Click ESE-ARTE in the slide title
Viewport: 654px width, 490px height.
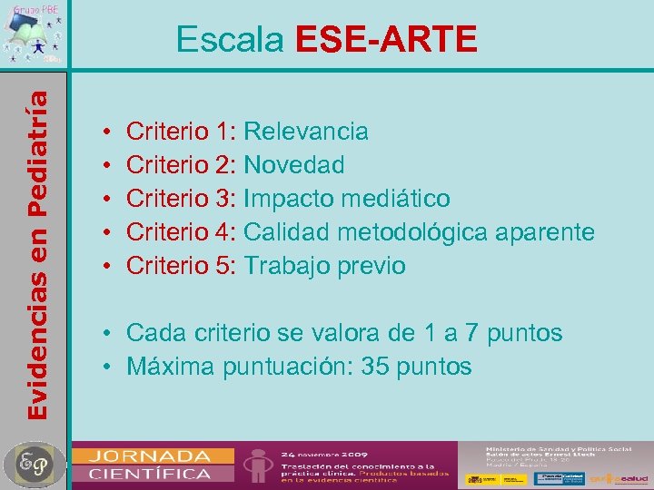point(386,39)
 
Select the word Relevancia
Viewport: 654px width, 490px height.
point(306,132)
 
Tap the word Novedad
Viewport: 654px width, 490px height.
point(294,165)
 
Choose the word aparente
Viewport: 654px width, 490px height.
point(545,232)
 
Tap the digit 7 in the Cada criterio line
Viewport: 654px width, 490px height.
point(469,333)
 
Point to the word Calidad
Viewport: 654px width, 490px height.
point(287,232)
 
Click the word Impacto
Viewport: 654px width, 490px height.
point(287,199)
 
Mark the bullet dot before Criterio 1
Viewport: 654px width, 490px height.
point(107,132)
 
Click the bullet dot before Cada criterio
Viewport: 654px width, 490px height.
point(107,334)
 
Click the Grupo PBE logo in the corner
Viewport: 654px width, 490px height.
point(33,34)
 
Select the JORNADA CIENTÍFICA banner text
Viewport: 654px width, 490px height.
point(149,464)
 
